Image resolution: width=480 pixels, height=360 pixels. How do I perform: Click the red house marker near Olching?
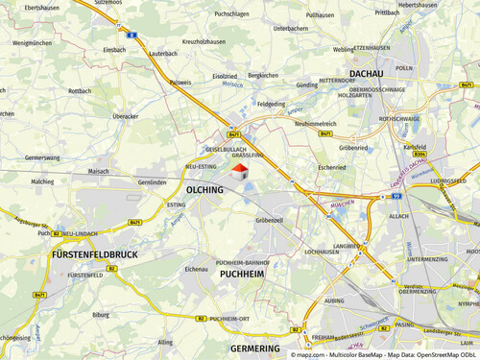point(239,172)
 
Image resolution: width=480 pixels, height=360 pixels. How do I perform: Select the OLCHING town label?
point(204,189)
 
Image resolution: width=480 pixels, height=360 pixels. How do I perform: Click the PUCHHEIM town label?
point(241,274)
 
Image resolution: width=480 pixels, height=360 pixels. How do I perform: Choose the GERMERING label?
point(255,348)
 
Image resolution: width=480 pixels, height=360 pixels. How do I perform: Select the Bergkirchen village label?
point(263,75)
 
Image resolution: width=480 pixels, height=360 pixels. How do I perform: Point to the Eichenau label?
point(196,269)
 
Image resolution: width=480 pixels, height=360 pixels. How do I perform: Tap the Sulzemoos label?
point(108,3)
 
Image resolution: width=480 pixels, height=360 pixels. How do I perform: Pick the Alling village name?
point(166,341)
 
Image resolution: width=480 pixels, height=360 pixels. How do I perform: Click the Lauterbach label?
point(164,54)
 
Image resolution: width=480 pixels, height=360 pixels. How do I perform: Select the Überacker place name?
point(126,116)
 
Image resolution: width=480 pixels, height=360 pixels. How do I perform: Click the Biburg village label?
point(101,313)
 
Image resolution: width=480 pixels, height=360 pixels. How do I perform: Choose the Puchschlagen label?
point(231,14)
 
